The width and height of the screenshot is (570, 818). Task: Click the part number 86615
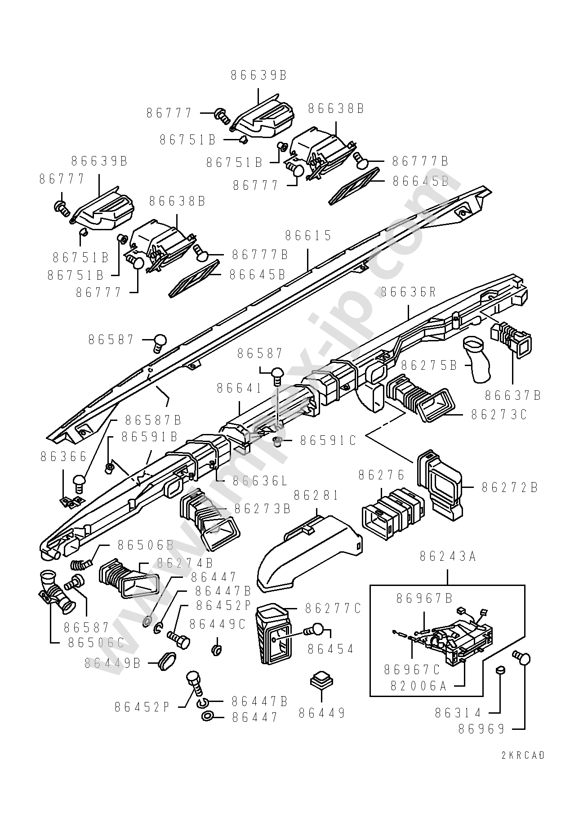pos(308,235)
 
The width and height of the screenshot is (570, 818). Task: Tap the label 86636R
pos(408,292)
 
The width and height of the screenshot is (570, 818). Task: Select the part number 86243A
pos(447,556)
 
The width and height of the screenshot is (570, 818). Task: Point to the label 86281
pos(316,495)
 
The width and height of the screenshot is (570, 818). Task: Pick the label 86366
pos(63,456)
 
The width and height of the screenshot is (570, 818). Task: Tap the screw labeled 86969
pos(523,659)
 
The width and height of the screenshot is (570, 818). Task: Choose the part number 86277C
pos(333,608)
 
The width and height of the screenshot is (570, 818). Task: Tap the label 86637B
pos(513,395)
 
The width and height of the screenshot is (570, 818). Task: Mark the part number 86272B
pos(510,487)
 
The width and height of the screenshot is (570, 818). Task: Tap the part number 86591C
pos(328,441)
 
